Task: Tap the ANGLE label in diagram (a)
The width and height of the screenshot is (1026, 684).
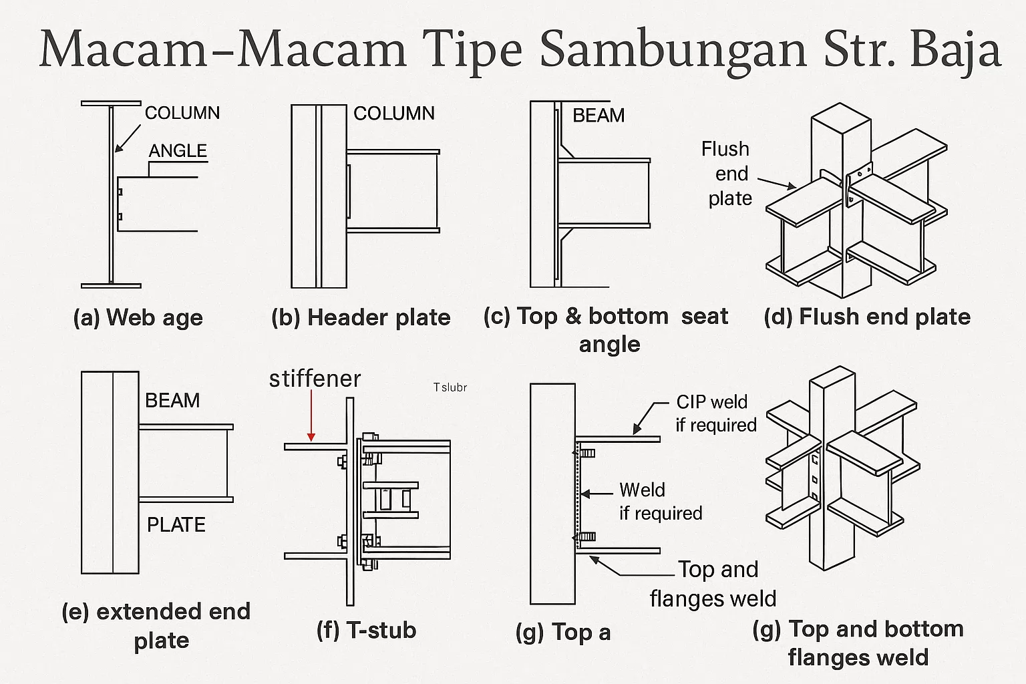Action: tap(178, 151)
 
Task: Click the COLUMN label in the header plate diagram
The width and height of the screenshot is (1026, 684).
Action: tap(393, 114)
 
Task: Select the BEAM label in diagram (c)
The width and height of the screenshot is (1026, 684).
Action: tap(598, 116)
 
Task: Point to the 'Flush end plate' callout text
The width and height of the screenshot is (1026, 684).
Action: tap(727, 174)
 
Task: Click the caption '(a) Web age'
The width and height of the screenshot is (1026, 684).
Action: tap(138, 317)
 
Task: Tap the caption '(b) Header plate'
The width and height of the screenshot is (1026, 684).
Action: tap(361, 317)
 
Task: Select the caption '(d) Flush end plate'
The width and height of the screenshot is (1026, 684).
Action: tap(866, 317)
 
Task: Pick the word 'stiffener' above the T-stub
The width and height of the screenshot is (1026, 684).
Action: tap(315, 379)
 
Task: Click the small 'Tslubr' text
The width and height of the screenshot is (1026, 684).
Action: tap(450, 387)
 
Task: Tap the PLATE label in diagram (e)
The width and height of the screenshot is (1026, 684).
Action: tap(176, 525)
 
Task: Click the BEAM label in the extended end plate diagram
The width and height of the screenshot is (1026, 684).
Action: tap(172, 401)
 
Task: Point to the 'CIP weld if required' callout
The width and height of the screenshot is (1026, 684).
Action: tap(715, 413)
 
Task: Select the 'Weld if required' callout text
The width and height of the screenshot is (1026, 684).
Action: tap(660, 502)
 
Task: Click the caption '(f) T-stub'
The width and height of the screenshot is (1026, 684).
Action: tap(366, 630)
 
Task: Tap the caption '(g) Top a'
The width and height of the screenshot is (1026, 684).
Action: tap(563, 632)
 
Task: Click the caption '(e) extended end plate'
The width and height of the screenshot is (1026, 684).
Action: tap(156, 625)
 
